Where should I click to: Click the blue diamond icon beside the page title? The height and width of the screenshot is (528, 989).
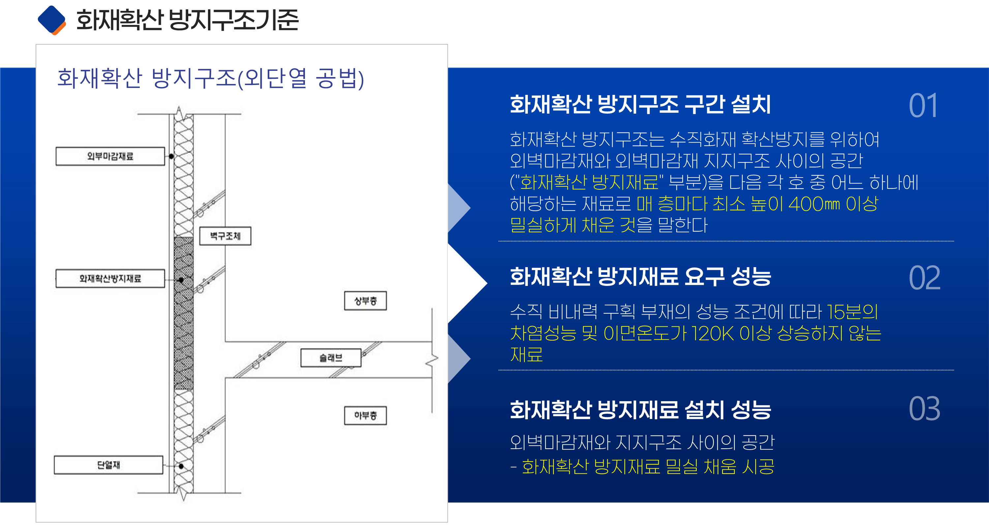(x=52, y=20)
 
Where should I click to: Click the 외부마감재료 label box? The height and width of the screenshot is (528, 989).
(x=110, y=156)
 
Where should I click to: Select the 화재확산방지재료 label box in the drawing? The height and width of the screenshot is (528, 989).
(x=110, y=278)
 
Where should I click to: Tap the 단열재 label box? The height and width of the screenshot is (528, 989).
(x=109, y=465)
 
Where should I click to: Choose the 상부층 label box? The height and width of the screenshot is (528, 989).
(x=365, y=301)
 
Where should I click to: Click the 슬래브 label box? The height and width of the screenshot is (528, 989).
(x=331, y=358)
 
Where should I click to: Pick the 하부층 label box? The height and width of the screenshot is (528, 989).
(x=365, y=416)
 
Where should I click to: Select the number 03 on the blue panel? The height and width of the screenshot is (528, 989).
(x=924, y=409)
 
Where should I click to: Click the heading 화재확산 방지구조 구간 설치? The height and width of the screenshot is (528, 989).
(x=640, y=104)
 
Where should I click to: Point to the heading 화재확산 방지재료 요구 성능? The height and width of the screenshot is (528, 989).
(x=640, y=277)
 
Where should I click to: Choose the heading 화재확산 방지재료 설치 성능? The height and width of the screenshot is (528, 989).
(x=640, y=410)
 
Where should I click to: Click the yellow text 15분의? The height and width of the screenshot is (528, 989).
(x=852, y=312)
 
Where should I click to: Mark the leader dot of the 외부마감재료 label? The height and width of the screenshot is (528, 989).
(x=171, y=156)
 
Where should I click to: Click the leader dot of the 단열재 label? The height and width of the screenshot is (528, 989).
(x=181, y=466)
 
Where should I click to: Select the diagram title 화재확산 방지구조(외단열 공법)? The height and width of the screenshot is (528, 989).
(x=210, y=78)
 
